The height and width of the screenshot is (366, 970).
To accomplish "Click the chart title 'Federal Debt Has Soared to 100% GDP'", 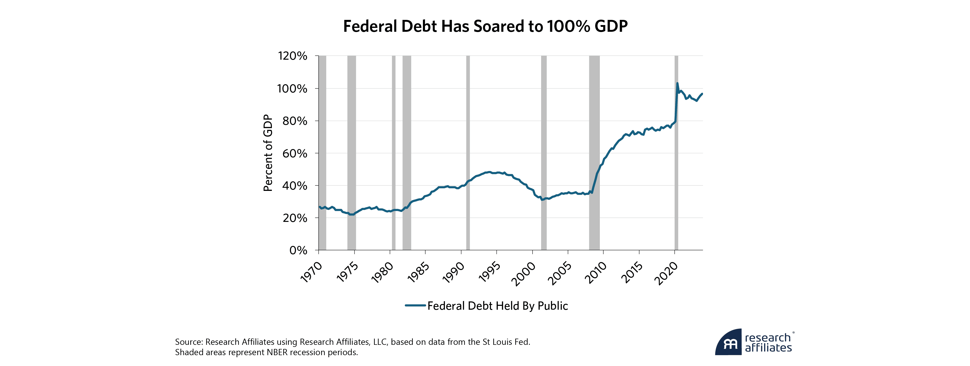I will [485, 26].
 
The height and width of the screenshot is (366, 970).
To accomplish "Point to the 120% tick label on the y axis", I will [293, 56].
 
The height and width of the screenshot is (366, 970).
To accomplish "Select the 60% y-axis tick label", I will [294, 153].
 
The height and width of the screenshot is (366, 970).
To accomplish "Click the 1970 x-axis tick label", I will [311, 272].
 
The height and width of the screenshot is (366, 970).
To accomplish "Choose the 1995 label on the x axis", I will [489, 272].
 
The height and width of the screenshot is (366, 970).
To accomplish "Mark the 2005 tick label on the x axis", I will [560, 272].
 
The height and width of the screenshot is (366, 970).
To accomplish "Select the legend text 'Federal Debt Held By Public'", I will [497, 306].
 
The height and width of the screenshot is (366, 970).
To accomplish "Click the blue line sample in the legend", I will [415, 306].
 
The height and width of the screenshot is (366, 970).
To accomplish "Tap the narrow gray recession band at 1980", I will [393, 151].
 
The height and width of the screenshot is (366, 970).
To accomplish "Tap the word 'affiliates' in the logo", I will [768, 348].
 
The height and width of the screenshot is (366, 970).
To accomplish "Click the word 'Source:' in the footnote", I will [189, 342].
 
